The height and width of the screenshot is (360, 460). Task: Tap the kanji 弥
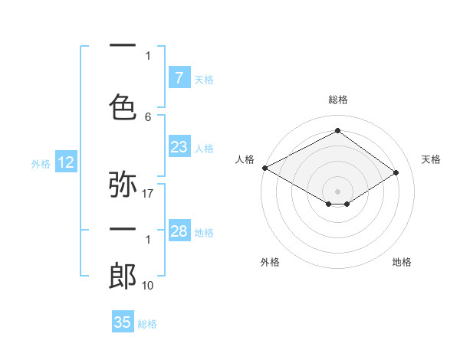pos(123,185)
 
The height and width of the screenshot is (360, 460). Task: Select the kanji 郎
pos(123,277)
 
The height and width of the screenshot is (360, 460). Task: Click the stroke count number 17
pos(148,194)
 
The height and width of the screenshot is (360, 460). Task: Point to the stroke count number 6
pos(148,116)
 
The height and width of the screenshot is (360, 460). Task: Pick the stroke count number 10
pos(148,286)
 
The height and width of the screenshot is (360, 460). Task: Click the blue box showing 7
pos(179,78)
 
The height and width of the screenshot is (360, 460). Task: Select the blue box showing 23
pos(179,147)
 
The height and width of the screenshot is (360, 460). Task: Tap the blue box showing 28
pos(179,231)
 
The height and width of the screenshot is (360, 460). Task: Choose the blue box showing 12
pos(65,162)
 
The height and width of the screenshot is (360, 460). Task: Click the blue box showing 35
pos(123,322)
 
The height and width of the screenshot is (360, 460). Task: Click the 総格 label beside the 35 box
pos(147,324)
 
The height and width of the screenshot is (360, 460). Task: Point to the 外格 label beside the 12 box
pos(41,163)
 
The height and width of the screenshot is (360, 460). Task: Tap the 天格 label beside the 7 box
pos(203,79)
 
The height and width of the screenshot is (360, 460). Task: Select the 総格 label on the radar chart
pos(337,100)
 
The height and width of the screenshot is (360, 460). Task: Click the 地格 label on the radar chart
pos(402,262)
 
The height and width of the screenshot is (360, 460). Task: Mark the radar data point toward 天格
pos(396,173)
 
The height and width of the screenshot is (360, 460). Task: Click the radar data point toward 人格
pos(264,168)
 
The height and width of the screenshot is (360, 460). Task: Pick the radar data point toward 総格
pos(337,131)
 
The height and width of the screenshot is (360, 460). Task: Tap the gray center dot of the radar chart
pos(337,191)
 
